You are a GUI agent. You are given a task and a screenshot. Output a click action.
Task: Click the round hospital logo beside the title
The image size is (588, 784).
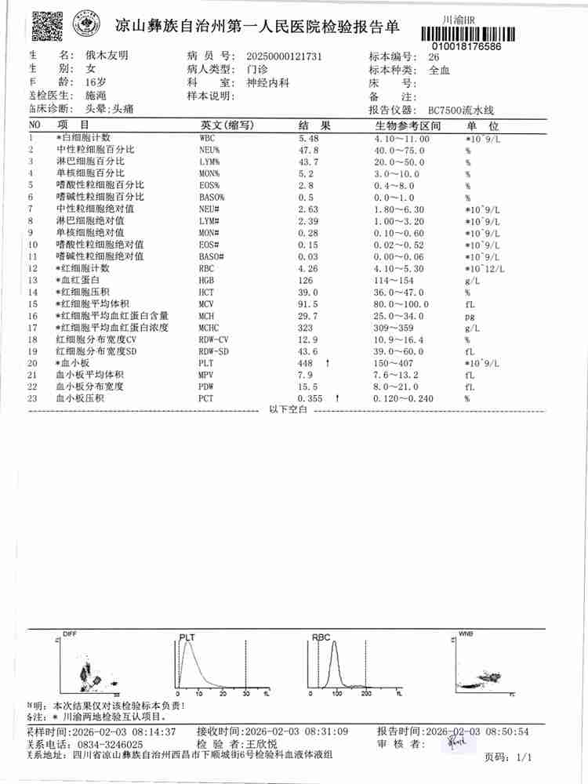click(85, 26)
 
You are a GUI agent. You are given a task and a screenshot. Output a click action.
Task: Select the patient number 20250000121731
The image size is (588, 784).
click(284, 56)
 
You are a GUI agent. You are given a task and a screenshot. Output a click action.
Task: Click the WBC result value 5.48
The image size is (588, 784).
click(310, 137)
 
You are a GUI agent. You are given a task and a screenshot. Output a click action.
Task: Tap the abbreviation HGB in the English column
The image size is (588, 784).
click(207, 280)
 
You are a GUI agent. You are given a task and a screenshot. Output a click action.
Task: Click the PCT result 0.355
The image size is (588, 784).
click(310, 399)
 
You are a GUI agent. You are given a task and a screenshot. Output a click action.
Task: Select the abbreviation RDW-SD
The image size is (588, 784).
click(214, 351)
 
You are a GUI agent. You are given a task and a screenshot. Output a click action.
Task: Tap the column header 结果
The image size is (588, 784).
click(315, 125)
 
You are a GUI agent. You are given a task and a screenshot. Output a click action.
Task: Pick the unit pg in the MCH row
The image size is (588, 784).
click(470, 315)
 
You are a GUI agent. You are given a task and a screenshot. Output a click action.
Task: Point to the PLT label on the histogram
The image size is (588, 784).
click(187, 637)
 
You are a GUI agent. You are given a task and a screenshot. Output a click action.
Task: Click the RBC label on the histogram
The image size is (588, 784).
click(321, 638)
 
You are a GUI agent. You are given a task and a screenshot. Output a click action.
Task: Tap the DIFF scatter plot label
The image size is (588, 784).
click(70, 633)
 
